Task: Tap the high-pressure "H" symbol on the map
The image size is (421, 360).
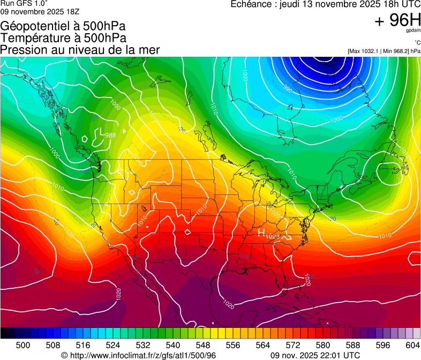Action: pos(261,233)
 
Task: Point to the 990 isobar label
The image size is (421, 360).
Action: pos(287,89)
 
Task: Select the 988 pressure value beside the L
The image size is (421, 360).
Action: pos(110,135)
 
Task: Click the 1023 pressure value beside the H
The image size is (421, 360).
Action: pos(273,236)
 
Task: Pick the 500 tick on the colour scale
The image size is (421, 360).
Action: pos(23,344)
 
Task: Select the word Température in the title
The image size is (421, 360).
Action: pos(32,38)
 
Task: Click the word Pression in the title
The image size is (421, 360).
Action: pos(20,50)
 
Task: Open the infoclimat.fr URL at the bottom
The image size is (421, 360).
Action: pos(142,355)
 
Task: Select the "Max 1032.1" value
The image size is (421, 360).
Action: pos(364,51)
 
